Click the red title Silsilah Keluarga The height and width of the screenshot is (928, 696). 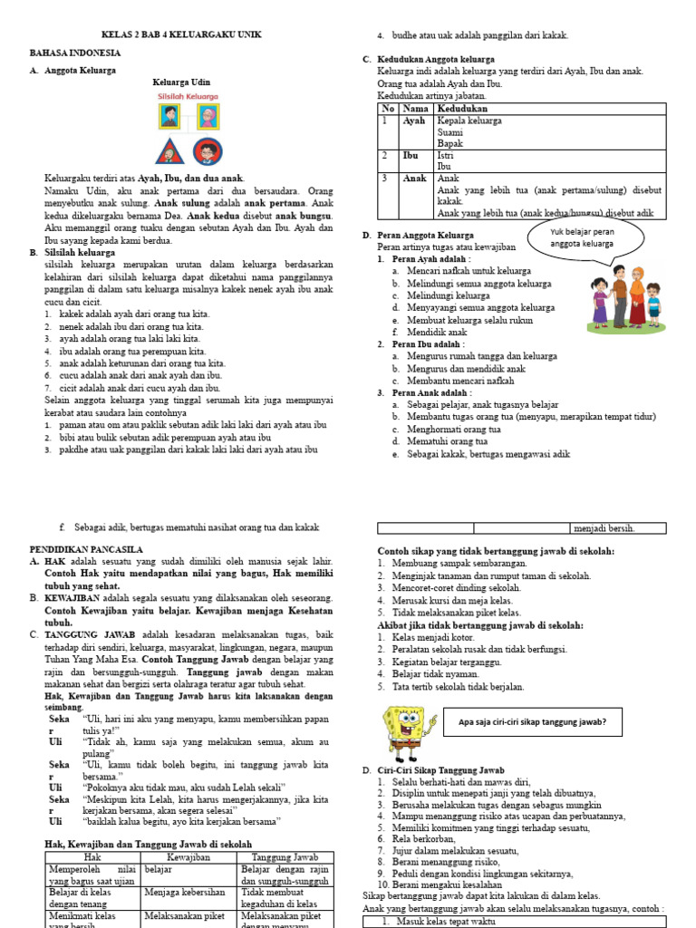click(x=188, y=95)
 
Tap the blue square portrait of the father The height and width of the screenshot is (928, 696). click(x=169, y=117)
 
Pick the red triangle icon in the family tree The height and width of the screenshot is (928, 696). click(x=169, y=150)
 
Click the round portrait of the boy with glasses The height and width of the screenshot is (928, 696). click(x=208, y=150)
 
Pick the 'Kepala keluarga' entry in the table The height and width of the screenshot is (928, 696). click(x=469, y=121)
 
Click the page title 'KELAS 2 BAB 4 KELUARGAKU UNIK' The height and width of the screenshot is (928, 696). click(x=186, y=34)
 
